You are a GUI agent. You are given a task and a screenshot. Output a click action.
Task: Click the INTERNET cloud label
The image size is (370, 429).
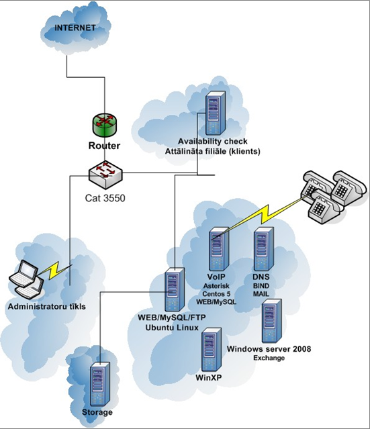point(75,28)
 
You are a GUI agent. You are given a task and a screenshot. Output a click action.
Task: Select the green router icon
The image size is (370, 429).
point(104,125)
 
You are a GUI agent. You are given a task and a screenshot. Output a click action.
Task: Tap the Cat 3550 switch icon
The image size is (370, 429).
point(105,175)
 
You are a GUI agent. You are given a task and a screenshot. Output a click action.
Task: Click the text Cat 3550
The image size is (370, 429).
point(105,198)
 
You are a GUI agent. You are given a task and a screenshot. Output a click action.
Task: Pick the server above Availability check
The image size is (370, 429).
point(216,113)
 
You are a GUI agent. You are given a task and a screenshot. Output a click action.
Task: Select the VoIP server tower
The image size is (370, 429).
point(219,249)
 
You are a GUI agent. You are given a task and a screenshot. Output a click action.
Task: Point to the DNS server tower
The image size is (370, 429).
point(264,249)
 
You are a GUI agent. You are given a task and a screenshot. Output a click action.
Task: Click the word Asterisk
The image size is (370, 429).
point(216,286)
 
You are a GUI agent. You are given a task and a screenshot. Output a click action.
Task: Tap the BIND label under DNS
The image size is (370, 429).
point(261,286)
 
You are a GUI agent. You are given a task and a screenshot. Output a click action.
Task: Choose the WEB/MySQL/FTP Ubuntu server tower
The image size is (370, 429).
point(175,290)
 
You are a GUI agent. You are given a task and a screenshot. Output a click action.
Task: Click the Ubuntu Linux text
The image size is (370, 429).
point(172,328)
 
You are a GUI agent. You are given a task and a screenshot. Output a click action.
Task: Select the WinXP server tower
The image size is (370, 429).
point(212,350)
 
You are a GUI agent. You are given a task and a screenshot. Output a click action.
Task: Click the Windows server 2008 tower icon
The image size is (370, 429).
point(272,321)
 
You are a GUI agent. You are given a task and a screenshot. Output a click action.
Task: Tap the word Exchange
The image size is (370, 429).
point(269,358)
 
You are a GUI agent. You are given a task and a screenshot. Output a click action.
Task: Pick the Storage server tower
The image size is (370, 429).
point(100,384)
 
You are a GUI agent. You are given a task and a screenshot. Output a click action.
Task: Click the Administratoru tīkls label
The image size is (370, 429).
point(47,306)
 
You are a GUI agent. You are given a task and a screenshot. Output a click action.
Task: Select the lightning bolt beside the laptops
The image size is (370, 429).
point(55,271)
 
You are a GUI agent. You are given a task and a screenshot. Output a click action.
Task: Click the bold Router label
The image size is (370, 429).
point(104,146)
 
